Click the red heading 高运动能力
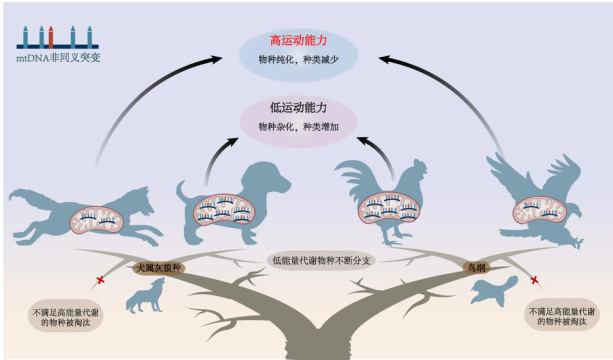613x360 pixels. tap(299, 41)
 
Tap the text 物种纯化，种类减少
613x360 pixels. tap(298, 59)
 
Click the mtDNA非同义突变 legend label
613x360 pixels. tap(58, 58)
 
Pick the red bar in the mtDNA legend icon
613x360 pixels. tap(51, 37)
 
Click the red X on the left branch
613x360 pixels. tap(101, 281)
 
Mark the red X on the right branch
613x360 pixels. tap(535, 281)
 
